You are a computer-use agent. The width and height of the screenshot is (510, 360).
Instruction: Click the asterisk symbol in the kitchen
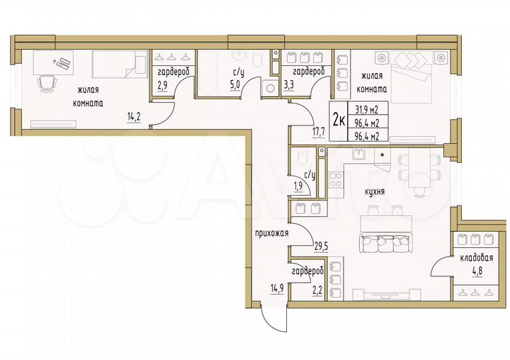point(383,154)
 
